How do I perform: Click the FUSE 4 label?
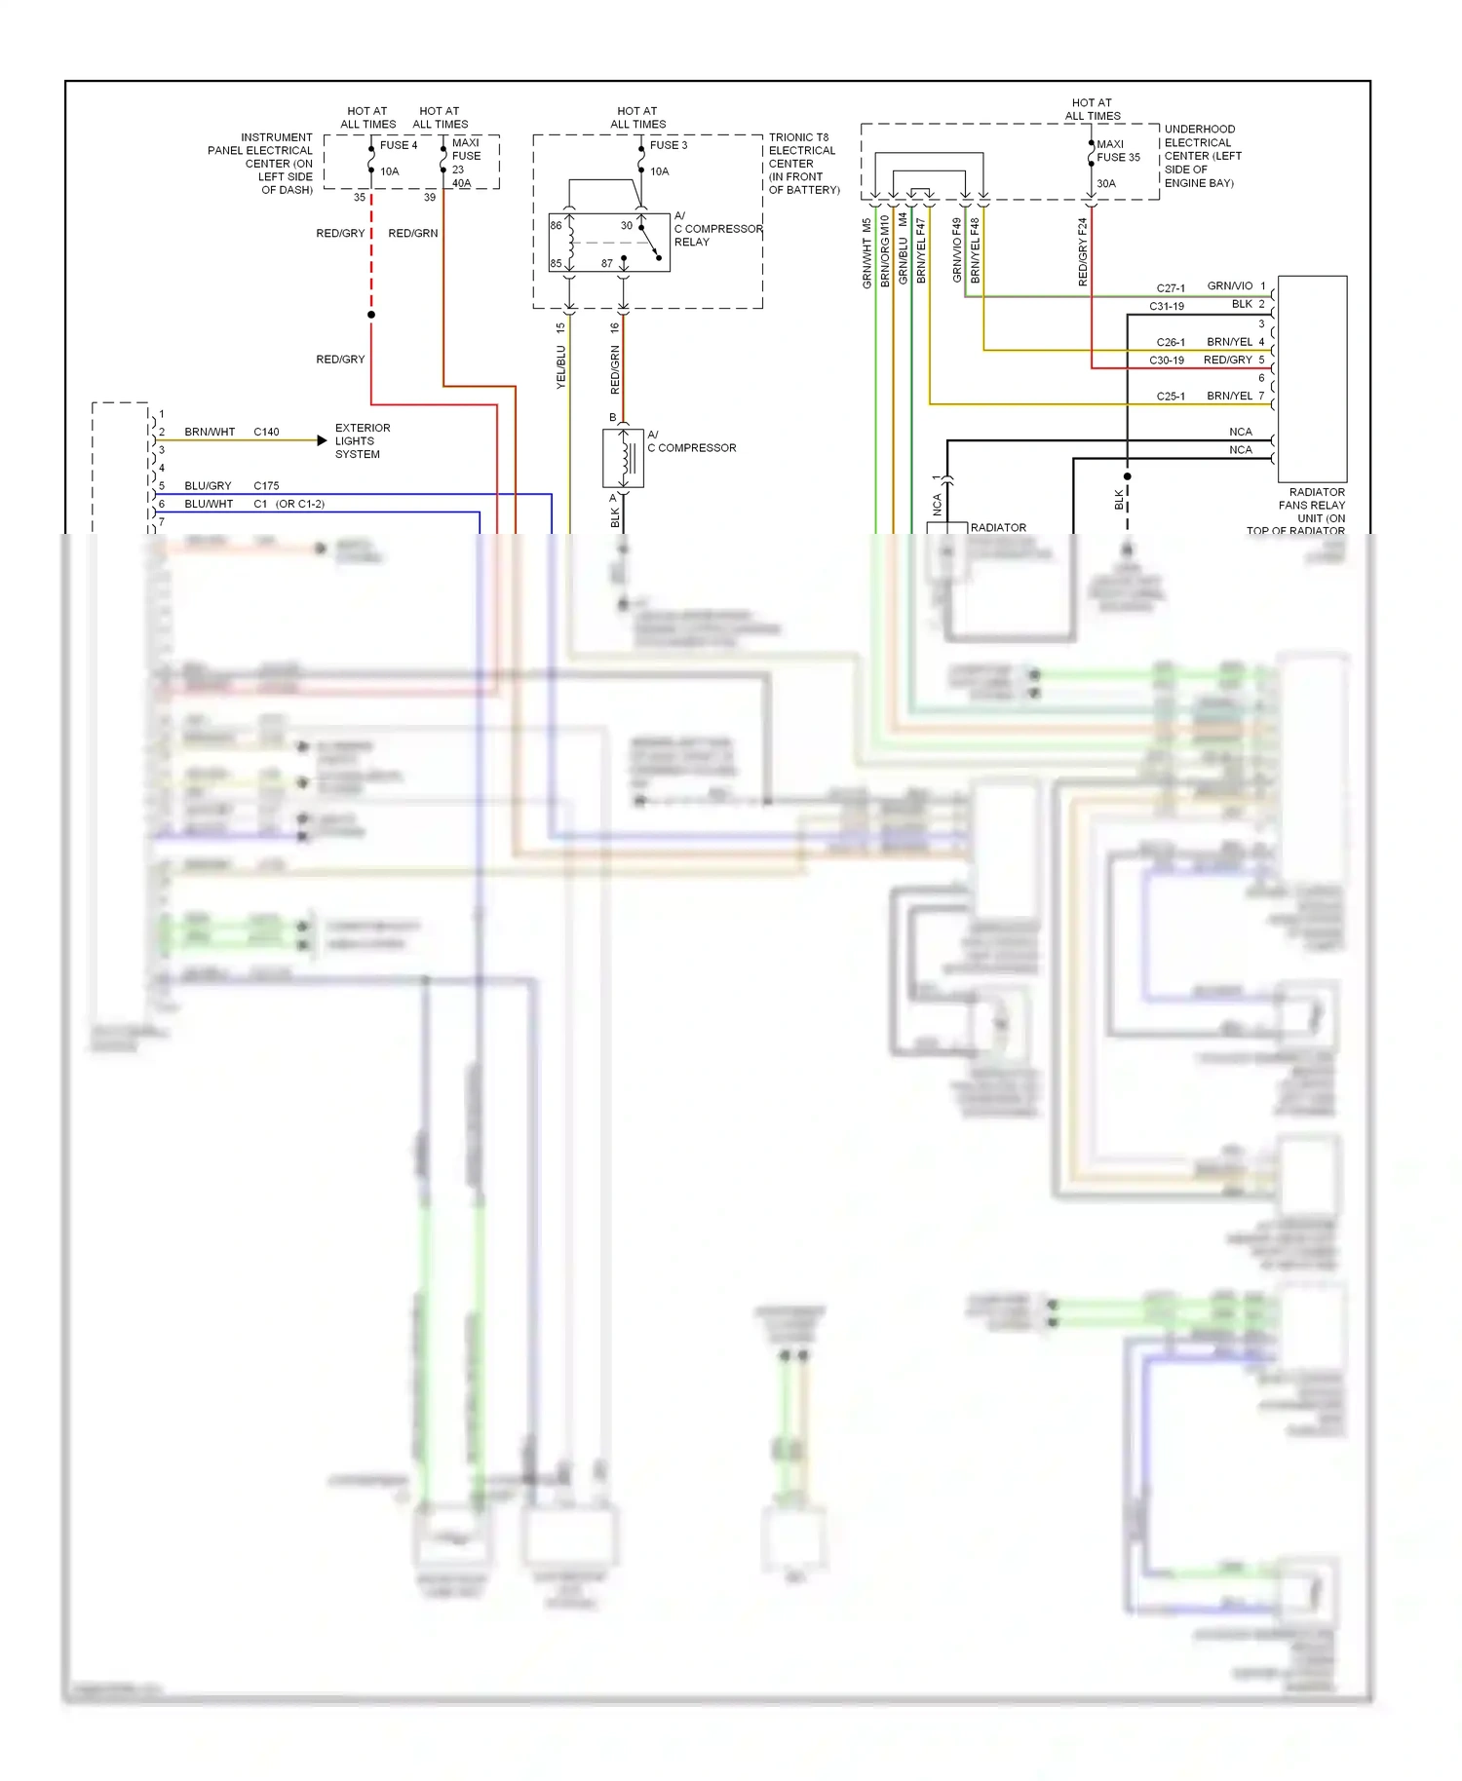[x=398, y=145]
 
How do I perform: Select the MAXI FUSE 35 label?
[x=1117, y=151]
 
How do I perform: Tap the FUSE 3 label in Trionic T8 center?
[x=668, y=145]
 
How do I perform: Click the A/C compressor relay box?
[x=608, y=242]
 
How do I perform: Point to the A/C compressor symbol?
[x=623, y=457]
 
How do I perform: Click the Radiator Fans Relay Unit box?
[x=1312, y=378]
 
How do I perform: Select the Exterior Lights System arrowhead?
[x=323, y=440]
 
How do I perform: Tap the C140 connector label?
[x=266, y=432]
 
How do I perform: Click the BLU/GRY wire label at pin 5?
[x=208, y=485]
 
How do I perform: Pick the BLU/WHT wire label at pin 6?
[x=209, y=504]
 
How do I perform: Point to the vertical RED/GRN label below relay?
[x=615, y=369]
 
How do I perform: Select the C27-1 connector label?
[x=1171, y=288]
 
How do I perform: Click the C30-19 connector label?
[x=1166, y=360]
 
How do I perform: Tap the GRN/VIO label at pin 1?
[x=1229, y=285]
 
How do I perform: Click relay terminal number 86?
[x=556, y=225]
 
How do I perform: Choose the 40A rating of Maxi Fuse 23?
[x=461, y=183]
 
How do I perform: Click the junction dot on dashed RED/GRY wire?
[x=371, y=315]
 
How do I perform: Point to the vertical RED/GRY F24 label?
[x=1083, y=252]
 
